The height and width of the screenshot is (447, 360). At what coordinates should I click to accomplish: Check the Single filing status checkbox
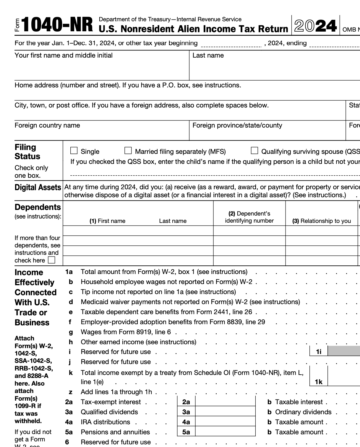pos(74,151)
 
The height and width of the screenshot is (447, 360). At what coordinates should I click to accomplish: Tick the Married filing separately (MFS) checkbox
pos(128,151)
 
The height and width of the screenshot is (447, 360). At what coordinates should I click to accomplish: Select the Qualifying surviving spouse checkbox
pos(254,151)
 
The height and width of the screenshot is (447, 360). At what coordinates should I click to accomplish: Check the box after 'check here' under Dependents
pos(51,260)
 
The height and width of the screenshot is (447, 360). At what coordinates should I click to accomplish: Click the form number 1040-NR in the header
pos(57,25)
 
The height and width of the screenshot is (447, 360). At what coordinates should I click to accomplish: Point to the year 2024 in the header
pos(315,26)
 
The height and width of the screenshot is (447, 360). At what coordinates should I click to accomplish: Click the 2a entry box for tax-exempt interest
pos(225,402)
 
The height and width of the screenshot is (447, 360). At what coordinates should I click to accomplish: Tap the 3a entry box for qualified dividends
pos(225,412)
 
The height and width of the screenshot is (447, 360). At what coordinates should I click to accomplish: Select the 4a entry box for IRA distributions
pos(225,422)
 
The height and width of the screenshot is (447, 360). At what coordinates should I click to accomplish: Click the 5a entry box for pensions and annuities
pos(225,432)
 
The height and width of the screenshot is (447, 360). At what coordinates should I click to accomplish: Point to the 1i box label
pos(319,352)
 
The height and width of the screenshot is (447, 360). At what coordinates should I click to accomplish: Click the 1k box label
pos(319,382)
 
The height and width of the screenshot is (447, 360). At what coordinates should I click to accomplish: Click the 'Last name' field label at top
pos(208,56)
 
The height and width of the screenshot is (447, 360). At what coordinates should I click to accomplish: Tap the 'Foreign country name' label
pos(47,125)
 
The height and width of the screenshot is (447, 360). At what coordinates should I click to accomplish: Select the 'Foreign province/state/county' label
pos(237,125)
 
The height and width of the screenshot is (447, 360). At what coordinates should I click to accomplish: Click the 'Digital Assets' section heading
pos(38,187)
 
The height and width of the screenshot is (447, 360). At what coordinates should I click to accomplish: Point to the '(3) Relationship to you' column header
pos(322,221)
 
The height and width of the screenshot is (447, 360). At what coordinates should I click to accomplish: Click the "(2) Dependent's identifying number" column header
pos(249,217)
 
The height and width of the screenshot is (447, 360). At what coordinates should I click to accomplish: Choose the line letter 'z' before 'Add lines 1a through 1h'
pos(71,392)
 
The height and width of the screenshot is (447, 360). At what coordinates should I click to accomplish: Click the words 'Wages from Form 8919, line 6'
pos(126,332)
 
